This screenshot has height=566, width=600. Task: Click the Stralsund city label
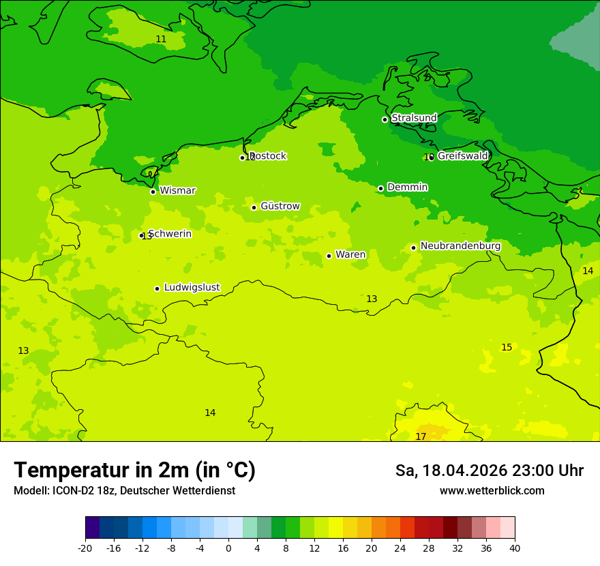[414, 118]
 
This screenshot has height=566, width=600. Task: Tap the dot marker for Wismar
[153, 192]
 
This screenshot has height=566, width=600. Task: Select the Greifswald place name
[462, 156]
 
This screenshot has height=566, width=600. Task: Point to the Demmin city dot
[381, 188]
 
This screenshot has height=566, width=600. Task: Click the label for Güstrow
[280, 206]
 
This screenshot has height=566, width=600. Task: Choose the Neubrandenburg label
[460, 246]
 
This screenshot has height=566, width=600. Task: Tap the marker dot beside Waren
[329, 256]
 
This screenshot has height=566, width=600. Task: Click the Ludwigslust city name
[192, 287]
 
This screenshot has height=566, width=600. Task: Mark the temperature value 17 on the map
[421, 436]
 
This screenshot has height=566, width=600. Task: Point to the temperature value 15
[507, 347]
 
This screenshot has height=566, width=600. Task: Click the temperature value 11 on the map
[161, 39]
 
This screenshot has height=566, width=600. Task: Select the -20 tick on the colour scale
[85, 548]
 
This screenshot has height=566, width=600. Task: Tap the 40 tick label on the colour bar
[515, 548]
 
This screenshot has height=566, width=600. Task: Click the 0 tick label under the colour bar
[228, 548]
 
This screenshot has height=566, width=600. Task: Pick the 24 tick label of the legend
[400, 548]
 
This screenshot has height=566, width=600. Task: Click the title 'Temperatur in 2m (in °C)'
[134, 470]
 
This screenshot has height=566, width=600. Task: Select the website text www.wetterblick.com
[492, 490]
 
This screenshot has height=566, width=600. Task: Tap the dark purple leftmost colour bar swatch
[93, 528]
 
